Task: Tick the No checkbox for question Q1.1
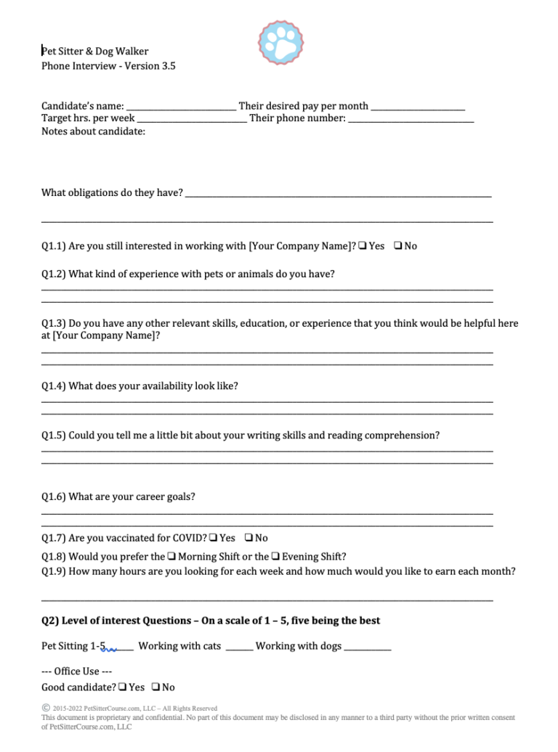click(x=398, y=246)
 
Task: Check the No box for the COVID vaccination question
click(x=249, y=538)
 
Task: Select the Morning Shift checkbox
click(x=171, y=557)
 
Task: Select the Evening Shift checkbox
click(x=275, y=557)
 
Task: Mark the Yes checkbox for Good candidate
click(x=123, y=687)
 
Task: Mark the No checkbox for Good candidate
click(x=156, y=687)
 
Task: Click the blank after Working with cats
click(x=239, y=648)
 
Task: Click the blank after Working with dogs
click(x=368, y=648)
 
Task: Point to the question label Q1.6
click(x=54, y=497)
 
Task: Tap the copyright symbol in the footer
click(x=46, y=708)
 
